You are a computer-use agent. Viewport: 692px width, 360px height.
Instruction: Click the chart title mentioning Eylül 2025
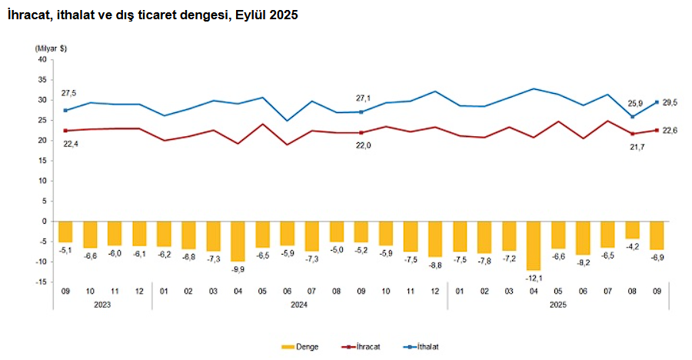point(151,15)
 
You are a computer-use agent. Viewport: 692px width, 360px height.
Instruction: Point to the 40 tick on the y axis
point(42,59)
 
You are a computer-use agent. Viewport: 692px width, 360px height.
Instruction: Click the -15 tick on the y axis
point(42,282)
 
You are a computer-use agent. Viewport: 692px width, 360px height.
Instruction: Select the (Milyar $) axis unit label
point(51,48)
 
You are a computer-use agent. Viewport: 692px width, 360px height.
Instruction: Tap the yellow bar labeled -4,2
point(631,229)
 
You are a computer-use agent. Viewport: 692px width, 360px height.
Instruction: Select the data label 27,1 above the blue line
point(361,98)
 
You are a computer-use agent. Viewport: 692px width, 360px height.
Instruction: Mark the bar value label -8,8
point(435,265)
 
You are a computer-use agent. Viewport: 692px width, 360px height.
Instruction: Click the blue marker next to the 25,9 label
point(631,117)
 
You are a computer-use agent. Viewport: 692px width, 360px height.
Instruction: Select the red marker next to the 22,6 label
point(657,130)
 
